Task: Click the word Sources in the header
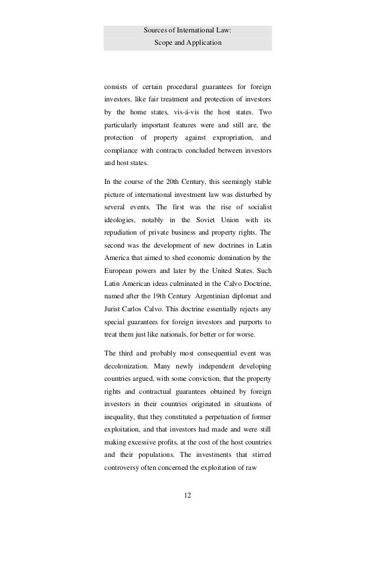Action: [154, 31]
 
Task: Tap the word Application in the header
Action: [202, 43]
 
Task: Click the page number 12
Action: [187, 495]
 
